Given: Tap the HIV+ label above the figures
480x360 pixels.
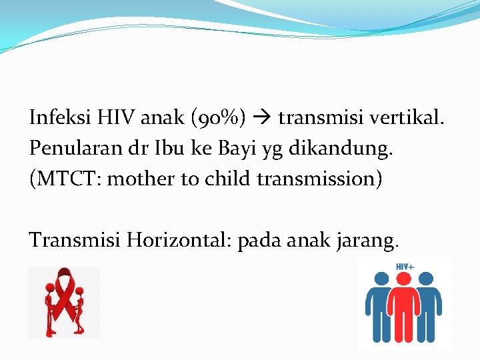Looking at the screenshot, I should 405,267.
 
